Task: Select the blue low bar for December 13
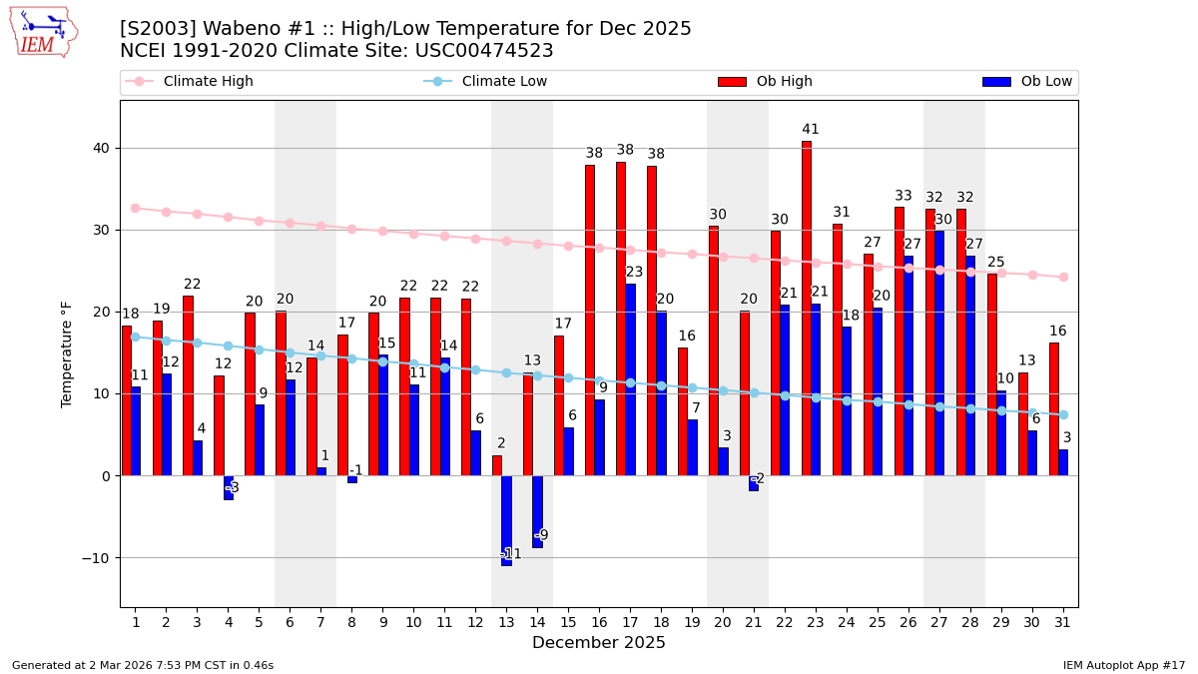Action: (x=506, y=520)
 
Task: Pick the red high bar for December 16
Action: (x=590, y=320)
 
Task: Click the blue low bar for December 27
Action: (x=939, y=352)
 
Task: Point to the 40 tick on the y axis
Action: (x=101, y=148)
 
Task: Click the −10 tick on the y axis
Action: (x=97, y=557)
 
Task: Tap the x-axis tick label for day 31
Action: (x=1063, y=622)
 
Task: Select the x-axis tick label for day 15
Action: (x=568, y=622)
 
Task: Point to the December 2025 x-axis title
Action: (x=598, y=643)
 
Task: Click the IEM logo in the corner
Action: (x=43, y=32)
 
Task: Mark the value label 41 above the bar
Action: (x=811, y=130)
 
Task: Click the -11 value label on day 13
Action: (x=510, y=554)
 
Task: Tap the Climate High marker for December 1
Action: (x=135, y=208)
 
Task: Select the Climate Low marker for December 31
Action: (x=1063, y=414)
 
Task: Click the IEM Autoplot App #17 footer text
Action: (x=1124, y=665)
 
